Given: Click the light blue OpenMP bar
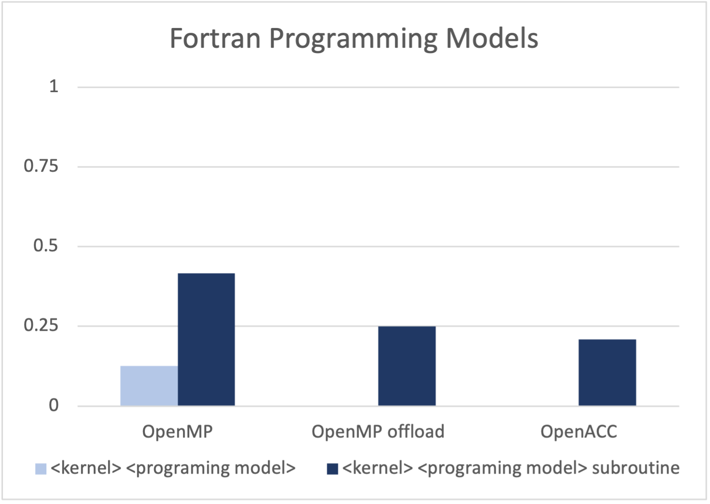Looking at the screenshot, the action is pyautogui.click(x=149, y=386).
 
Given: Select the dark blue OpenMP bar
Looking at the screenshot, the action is pyautogui.click(x=207, y=339).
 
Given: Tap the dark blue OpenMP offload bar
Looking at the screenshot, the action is pyautogui.click(x=407, y=366).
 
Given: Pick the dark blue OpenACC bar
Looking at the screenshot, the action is pyautogui.click(x=607, y=372).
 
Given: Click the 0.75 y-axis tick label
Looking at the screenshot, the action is pyautogui.click(x=41, y=166).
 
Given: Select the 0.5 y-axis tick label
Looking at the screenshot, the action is pyautogui.click(x=46, y=246).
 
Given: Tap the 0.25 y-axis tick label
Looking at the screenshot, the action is pyautogui.click(x=41, y=326).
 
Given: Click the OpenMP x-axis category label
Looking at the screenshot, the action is pyautogui.click(x=178, y=432).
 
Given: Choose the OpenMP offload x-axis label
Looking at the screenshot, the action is pyautogui.click(x=378, y=432).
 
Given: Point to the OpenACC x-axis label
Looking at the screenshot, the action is pyautogui.click(x=579, y=432).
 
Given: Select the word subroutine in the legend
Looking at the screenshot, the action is pyautogui.click(x=636, y=467).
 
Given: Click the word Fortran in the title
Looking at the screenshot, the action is pyautogui.click(x=215, y=39).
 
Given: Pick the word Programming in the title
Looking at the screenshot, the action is pyautogui.click(x=353, y=40).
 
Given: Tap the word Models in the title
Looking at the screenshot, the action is pyautogui.click(x=492, y=38).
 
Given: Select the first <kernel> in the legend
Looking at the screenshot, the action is pyautogui.click(x=86, y=467).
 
